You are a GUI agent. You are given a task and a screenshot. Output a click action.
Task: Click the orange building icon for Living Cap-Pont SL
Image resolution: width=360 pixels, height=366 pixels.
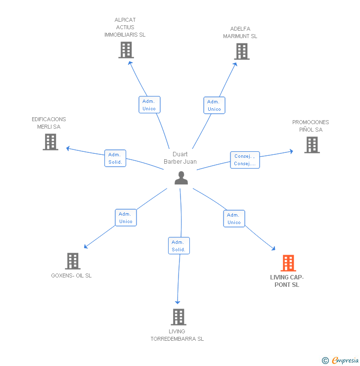pyautogui.click(x=288, y=263)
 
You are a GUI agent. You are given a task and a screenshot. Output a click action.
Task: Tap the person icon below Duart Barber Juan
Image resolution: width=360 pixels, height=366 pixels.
pyautogui.click(x=181, y=178)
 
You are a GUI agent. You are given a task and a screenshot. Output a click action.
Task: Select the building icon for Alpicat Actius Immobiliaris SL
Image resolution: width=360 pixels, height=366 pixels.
pyautogui.click(x=126, y=50)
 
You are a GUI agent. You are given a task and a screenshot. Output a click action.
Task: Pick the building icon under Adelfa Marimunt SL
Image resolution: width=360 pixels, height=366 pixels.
pyautogui.click(x=242, y=51)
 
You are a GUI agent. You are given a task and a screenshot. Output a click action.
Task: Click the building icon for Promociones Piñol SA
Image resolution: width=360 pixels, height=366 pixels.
pyautogui.click(x=312, y=145)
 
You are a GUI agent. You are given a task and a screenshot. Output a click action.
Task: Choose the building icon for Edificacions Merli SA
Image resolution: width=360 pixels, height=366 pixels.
pyautogui.click(x=50, y=142)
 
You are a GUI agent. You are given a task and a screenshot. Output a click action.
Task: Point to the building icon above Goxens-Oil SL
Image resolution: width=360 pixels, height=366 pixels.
pyautogui.click(x=73, y=261)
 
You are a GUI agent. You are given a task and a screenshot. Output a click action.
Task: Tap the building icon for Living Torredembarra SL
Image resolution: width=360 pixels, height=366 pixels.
pyautogui.click(x=179, y=317)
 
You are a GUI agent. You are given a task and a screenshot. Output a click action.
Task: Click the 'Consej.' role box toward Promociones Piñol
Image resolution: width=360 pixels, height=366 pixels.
pyautogui.click(x=245, y=160)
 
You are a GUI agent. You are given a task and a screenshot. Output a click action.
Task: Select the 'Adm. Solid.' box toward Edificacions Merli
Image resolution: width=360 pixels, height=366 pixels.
pyautogui.click(x=115, y=158)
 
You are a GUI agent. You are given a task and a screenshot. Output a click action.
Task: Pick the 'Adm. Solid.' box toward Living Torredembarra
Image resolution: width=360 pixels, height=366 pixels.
pyautogui.click(x=179, y=246)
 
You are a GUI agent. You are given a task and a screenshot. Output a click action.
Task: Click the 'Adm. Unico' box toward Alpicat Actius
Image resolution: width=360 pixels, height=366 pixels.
pyautogui.click(x=149, y=105)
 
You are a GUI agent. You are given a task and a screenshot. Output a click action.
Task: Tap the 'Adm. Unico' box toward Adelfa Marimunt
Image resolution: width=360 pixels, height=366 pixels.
pyautogui.click(x=214, y=105)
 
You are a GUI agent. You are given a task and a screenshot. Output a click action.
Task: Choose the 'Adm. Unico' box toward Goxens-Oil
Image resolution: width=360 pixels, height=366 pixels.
pyautogui.click(x=126, y=218)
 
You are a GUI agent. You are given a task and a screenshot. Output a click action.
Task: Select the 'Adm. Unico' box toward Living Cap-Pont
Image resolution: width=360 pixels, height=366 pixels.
pyautogui.click(x=234, y=219)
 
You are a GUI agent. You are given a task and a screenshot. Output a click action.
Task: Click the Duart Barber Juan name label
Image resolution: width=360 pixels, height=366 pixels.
pyautogui.click(x=180, y=158)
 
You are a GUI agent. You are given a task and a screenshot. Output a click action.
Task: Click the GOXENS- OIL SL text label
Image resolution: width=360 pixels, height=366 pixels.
pyautogui.click(x=71, y=275)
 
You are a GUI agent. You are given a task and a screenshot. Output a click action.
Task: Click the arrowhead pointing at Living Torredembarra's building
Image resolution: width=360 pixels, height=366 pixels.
pyautogui.click(x=178, y=302)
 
